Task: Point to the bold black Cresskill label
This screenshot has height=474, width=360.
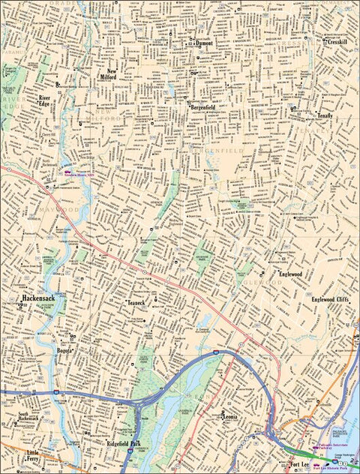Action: (x=336, y=42)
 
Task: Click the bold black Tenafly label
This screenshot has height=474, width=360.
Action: (x=324, y=116)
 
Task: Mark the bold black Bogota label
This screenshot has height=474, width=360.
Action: (x=64, y=349)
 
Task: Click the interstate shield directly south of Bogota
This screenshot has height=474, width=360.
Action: (x=58, y=391)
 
